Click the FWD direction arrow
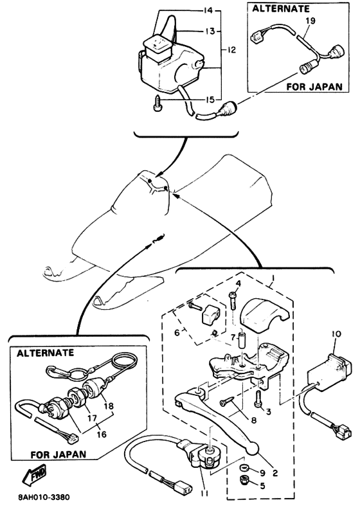(34, 474)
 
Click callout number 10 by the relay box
(336, 334)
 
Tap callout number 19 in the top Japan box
(310, 21)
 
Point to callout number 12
(231, 50)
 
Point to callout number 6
(177, 333)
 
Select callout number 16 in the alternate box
(102, 433)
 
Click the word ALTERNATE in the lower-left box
(45, 353)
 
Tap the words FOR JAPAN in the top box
(314, 87)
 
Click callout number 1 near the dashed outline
(273, 278)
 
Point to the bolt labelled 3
(258, 398)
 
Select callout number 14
(208, 11)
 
